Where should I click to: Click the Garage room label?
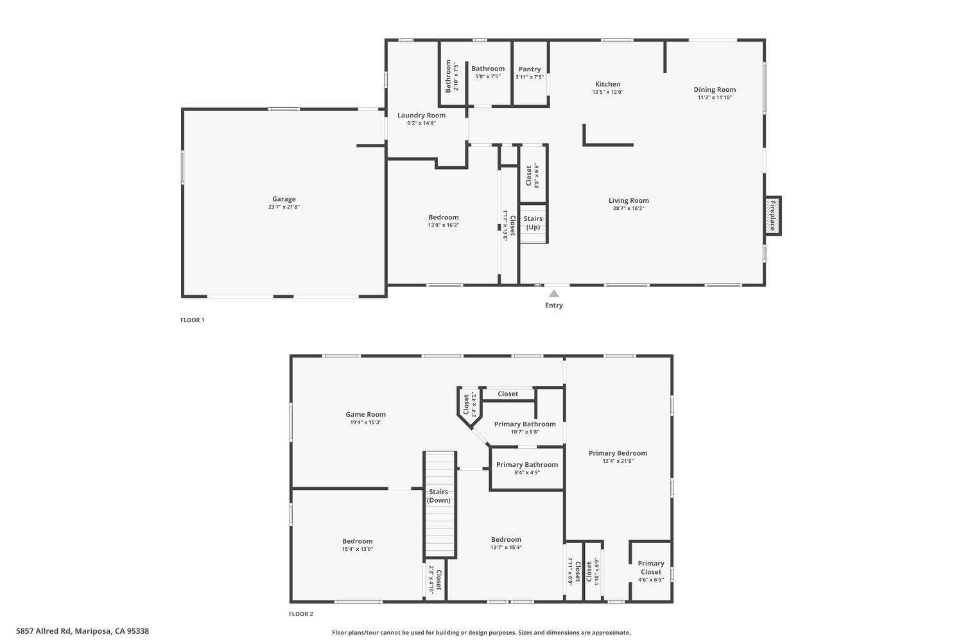click(x=284, y=199)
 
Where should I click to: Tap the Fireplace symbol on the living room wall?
click(x=772, y=216)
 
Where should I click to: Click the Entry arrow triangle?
click(x=553, y=293)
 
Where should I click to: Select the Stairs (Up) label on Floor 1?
click(x=533, y=223)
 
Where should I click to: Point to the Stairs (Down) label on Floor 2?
click(x=439, y=496)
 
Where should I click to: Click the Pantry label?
click(x=530, y=69)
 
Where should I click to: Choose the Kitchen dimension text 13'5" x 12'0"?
click(x=607, y=92)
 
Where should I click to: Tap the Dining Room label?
click(x=715, y=90)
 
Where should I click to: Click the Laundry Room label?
click(x=421, y=116)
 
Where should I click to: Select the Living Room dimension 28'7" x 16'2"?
click(x=629, y=208)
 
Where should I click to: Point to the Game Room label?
click(x=366, y=415)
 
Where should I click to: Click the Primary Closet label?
click(x=650, y=568)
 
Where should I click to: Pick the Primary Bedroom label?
click(x=618, y=453)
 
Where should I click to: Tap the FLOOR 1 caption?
click(x=193, y=320)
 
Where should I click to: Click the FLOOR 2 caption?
click(x=301, y=614)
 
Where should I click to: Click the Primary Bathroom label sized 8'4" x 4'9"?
click(x=527, y=465)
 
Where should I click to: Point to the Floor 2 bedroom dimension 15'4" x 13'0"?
click(x=357, y=549)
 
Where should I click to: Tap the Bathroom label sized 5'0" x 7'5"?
click(x=488, y=69)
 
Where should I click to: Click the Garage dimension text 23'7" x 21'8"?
click(x=284, y=207)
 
